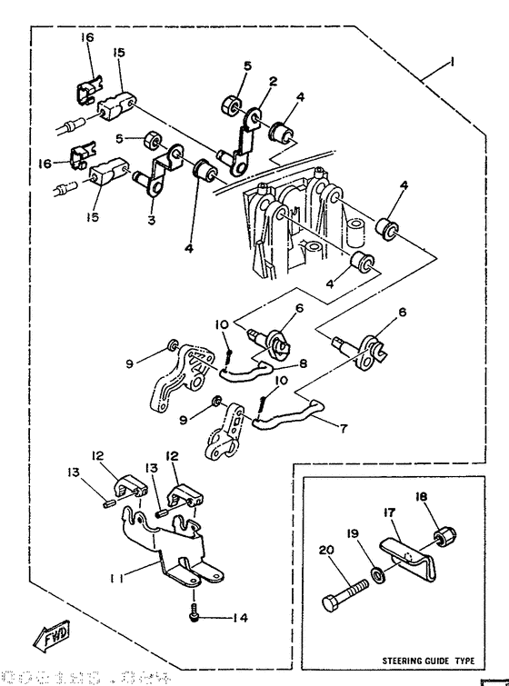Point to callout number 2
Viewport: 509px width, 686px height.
point(272,81)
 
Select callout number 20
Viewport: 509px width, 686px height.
point(325,550)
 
